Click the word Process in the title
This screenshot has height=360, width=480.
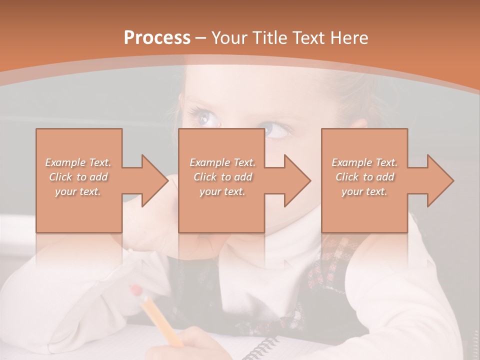click(157, 38)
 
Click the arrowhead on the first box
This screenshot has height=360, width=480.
click(153, 180)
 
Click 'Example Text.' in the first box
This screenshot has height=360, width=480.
click(78, 162)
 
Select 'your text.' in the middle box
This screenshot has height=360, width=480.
click(222, 191)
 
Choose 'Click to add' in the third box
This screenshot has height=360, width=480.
click(364, 177)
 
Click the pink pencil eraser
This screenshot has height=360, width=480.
click(135, 291)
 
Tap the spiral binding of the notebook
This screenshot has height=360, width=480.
click(262, 347)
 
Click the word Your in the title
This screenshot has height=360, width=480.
click(230, 38)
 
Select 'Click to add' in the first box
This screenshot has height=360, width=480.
click(78, 177)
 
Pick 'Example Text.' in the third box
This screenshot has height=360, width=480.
click(364, 162)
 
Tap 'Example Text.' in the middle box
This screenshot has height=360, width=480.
click(222, 162)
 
